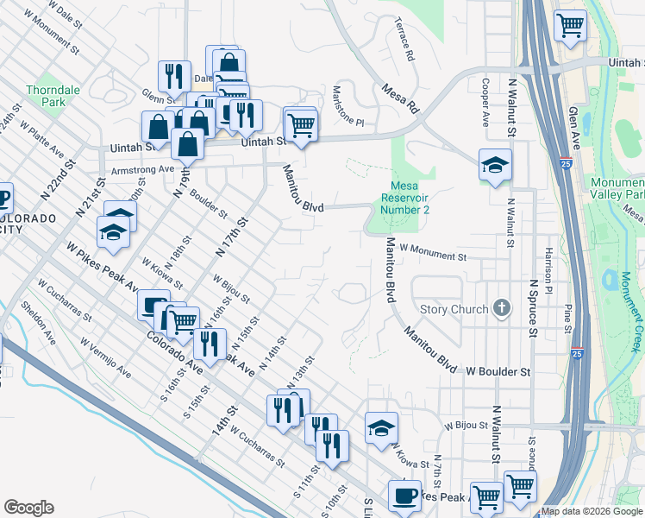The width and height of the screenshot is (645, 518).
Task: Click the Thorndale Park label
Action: coord(46,95)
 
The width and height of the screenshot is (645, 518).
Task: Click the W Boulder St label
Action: coord(498,371)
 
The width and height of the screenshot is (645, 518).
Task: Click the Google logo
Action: coord(28,508)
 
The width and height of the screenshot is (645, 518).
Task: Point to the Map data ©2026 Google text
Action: coord(592,511)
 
